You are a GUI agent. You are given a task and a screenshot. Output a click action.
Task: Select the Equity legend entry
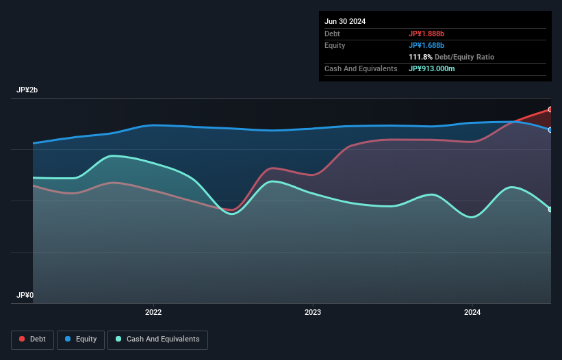point(81,339)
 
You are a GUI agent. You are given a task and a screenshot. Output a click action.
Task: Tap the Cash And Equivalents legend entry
point(157,339)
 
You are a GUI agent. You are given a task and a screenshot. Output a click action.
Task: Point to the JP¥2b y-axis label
point(28,90)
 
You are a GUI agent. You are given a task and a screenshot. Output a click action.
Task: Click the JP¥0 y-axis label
point(25,296)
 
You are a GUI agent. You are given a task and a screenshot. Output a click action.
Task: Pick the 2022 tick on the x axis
point(153,313)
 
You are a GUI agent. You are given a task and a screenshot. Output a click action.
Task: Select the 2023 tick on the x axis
point(313,313)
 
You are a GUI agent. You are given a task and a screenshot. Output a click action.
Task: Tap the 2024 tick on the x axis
point(472,313)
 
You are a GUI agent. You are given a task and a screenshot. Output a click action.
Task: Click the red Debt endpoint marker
point(550,110)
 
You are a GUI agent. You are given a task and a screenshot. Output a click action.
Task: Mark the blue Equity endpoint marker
point(550,130)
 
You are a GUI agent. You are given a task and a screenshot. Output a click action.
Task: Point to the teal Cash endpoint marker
point(550,209)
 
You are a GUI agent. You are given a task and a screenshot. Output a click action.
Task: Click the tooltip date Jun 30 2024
point(345,21)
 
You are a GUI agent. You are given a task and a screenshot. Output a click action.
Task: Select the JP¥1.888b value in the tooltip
point(427,34)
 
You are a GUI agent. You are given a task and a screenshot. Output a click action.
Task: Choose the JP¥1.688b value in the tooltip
point(427,45)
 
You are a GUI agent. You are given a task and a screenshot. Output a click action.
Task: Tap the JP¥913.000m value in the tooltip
point(432,68)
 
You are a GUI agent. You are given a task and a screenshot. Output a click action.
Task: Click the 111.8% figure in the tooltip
point(420,57)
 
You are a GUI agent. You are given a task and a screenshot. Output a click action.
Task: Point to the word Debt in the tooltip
point(333,34)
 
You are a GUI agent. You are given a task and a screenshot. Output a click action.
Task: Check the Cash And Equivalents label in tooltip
point(361,68)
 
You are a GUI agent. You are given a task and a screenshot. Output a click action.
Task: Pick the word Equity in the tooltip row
point(335,45)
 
